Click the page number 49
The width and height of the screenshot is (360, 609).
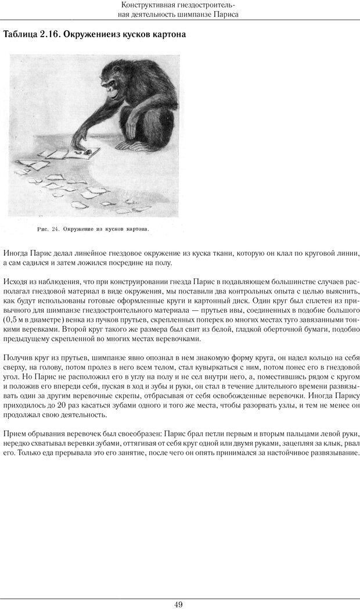click(179, 604)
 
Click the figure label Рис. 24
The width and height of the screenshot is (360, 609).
click(48, 229)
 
